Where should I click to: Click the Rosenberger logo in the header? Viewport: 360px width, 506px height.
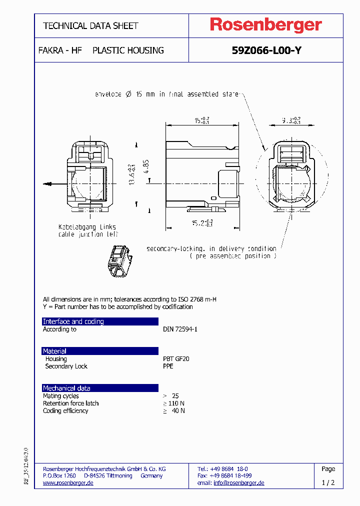265,25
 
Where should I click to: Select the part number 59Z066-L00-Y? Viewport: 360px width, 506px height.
266,50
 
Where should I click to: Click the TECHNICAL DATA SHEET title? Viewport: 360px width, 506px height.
90,26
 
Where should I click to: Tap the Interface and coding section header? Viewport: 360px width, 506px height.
73,321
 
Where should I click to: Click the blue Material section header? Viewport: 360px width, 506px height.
54,351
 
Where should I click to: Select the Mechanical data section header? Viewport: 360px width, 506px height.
66,388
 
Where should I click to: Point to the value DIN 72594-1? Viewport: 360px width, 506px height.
180,329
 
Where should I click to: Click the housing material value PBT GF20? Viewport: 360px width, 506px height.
176,359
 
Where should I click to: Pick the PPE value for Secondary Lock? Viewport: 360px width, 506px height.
168,366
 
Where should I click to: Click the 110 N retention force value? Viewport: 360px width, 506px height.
176,403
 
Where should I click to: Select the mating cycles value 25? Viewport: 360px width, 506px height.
174,396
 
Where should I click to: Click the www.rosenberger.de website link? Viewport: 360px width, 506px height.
68,483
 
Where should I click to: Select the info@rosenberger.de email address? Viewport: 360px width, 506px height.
238,483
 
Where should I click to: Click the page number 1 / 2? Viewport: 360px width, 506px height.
328,483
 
